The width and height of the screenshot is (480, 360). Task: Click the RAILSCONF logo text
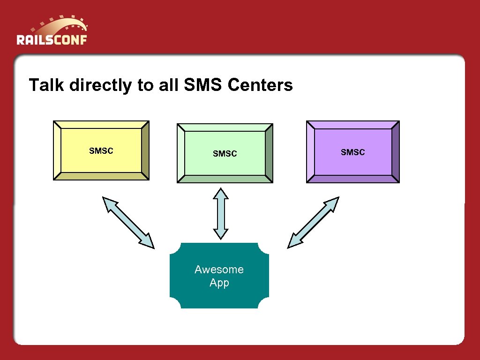pos(52,39)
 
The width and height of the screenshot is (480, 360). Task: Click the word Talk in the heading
pos(47,85)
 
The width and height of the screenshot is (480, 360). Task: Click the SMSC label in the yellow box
pos(101,151)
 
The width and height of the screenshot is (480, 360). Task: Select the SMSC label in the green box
pos(225,154)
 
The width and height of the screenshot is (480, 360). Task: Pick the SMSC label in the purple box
pos(352,152)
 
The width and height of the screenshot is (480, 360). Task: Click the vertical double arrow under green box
pos(220,214)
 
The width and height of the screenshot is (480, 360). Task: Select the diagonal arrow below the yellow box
pos(128,223)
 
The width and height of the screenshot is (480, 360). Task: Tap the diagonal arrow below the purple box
pos(313,222)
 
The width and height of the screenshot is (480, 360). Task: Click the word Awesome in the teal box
pos(219,270)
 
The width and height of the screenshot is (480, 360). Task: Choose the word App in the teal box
pos(219,283)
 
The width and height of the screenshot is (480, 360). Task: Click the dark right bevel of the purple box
pos(395,152)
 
